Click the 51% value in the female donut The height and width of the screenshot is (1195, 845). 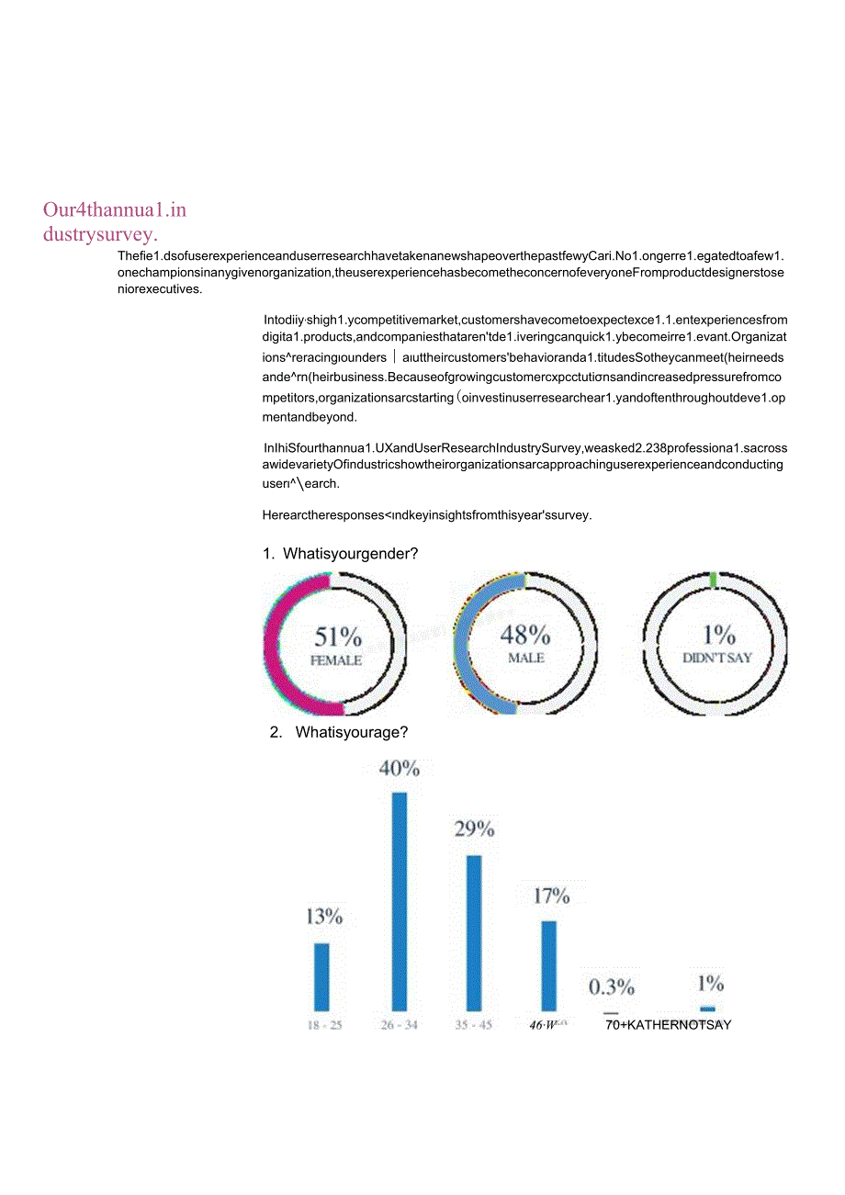(x=338, y=637)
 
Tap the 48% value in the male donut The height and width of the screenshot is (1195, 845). (x=525, y=635)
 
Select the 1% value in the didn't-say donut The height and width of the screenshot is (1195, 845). (x=718, y=635)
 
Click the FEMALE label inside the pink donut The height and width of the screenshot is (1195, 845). (x=337, y=660)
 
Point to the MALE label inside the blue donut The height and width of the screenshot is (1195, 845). (x=526, y=659)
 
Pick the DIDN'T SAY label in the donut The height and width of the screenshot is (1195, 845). (x=717, y=659)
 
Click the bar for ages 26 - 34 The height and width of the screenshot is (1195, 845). (x=400, y=901)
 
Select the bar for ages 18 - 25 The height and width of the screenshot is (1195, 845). (x=321, y=976)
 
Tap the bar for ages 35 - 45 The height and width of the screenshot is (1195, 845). (x=474, y=932)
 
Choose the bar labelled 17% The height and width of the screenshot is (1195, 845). (x=548, y=965)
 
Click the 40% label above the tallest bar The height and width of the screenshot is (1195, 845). (x=400, y=769)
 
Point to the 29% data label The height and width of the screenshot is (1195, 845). (x=474, y=829)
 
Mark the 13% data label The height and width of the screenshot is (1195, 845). (x=324, y=916)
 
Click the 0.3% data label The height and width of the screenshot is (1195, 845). (x=612, y=987)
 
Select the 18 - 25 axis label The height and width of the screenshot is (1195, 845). (x=324, y=1025)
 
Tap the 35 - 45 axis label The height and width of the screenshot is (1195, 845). (x=474, y=1025)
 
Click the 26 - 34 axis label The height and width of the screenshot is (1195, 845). (x=400, y=1025)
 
